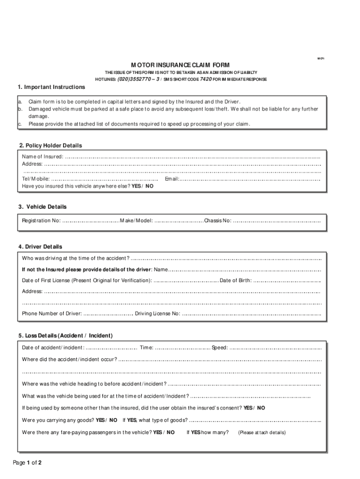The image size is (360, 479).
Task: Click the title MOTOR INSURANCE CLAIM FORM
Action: point(180,65)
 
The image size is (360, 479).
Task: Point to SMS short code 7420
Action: point(206,80)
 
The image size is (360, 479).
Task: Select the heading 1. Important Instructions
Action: point(51,87)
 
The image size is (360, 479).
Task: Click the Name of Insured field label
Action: point(43,157)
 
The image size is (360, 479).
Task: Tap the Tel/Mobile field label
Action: point(36,179)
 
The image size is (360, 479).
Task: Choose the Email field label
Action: point(172,179)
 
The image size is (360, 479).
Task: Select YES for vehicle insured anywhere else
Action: point(136,186)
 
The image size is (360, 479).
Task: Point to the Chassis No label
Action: point(217,220)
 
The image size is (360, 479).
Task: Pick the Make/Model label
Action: point(136,220)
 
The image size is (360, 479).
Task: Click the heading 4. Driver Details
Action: point(40,247)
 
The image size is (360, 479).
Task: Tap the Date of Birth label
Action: point(236,281)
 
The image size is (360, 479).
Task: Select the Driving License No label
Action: point(157,313)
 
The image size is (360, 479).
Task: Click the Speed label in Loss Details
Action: point(220,348)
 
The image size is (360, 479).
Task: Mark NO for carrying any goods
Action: point(113,420)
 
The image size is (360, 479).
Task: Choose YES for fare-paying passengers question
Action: point(158,432)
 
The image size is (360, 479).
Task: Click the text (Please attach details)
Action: point(262,433)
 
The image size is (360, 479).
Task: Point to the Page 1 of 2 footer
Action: point(28,463)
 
